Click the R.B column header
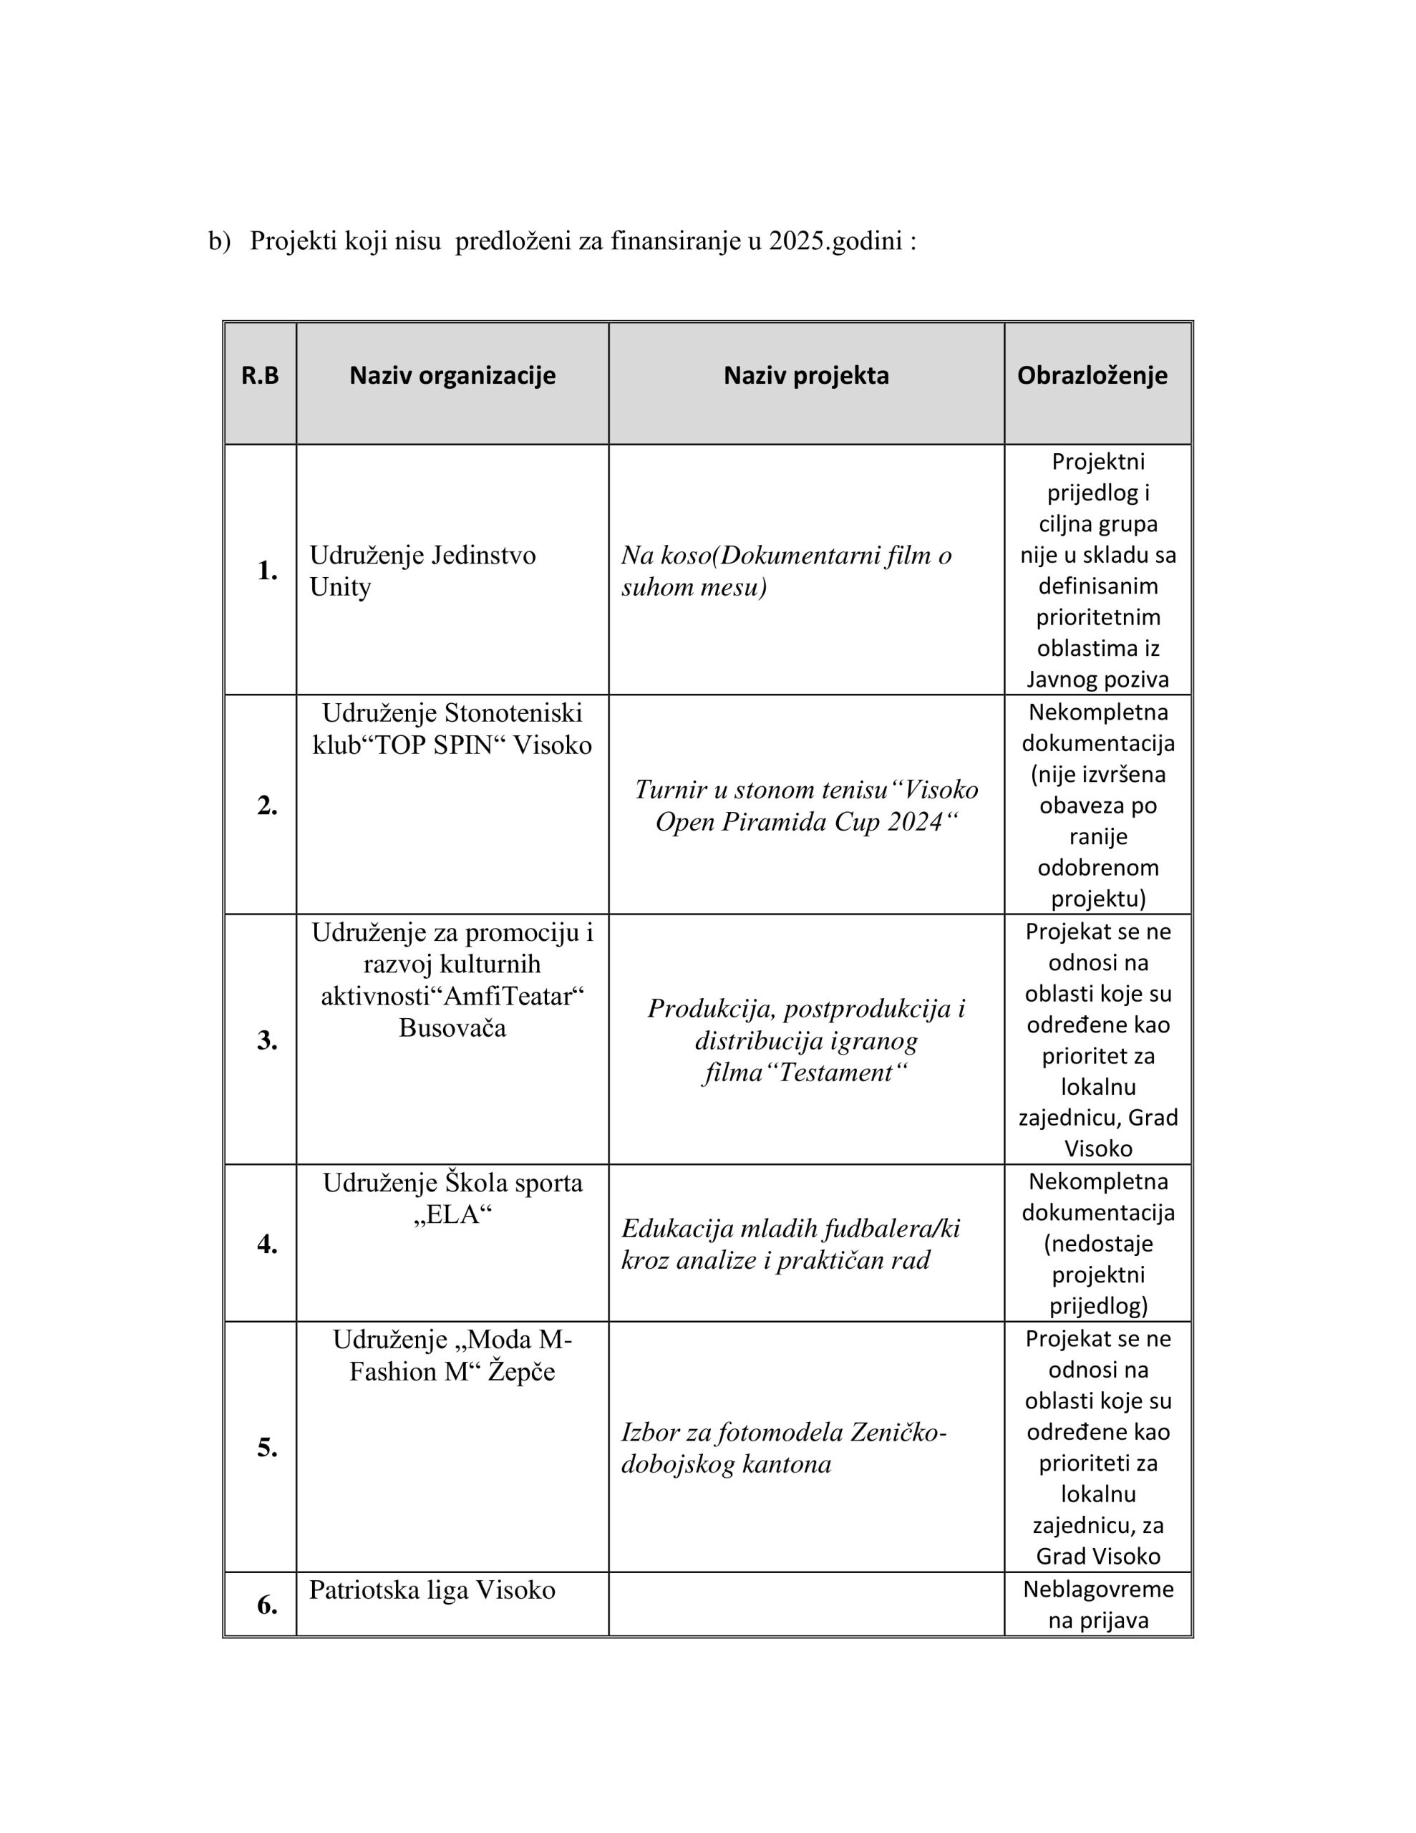click(259, 375)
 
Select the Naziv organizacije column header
click(452, 375)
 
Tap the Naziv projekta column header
click(806, 375)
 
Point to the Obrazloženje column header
click(1092, 375)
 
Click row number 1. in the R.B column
click(267, 571)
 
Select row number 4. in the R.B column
click(267, 1244)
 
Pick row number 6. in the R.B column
click(267, 1605)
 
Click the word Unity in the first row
click(340, 586)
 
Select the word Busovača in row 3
click(452, 1027)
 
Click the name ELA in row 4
click(453, 1214)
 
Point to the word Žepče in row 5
click(521, 1370)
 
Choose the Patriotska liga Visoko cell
click(432, 1590)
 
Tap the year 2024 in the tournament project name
click(915, 822)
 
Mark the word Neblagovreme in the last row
click(1098, 1589)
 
